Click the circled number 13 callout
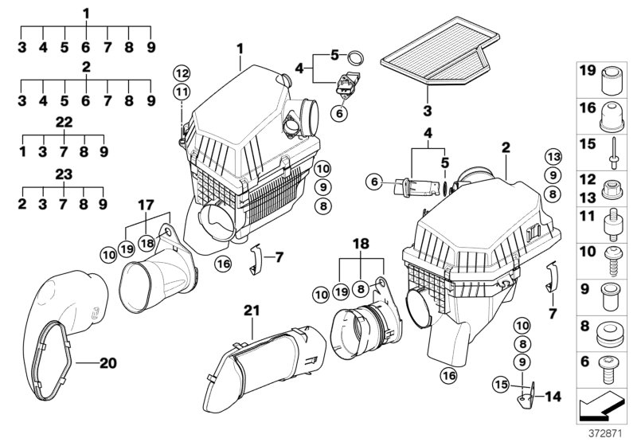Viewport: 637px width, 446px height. coord(553,155)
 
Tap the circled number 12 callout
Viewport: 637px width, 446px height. coord(183,73)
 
